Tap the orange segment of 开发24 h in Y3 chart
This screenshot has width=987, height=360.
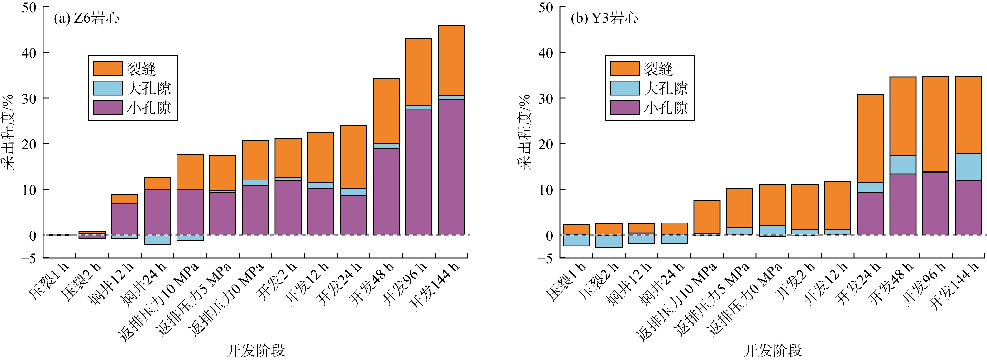870,138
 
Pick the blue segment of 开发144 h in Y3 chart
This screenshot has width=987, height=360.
968,167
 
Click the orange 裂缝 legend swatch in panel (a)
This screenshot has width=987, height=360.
108,69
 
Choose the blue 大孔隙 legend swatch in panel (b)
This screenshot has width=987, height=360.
625,88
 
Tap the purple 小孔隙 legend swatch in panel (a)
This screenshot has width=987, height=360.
108,108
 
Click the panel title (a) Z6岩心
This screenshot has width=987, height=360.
86,18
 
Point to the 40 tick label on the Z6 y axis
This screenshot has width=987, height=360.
29,53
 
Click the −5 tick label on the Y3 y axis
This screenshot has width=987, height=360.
545,259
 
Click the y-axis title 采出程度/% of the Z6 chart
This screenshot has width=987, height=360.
8,132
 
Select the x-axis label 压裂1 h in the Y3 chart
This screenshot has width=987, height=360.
565,281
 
